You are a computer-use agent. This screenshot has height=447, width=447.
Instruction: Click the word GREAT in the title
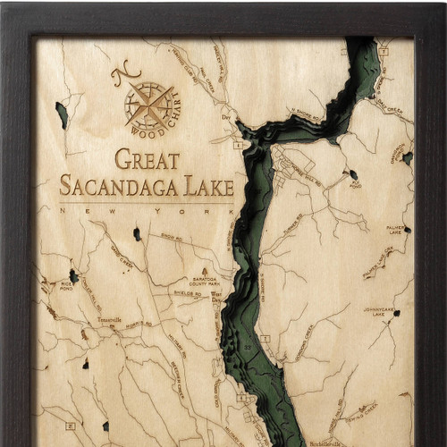(147, 161)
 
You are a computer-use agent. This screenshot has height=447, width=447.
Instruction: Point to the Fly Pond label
(355, 185)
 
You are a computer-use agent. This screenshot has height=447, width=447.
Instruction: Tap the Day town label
(225, 116)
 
